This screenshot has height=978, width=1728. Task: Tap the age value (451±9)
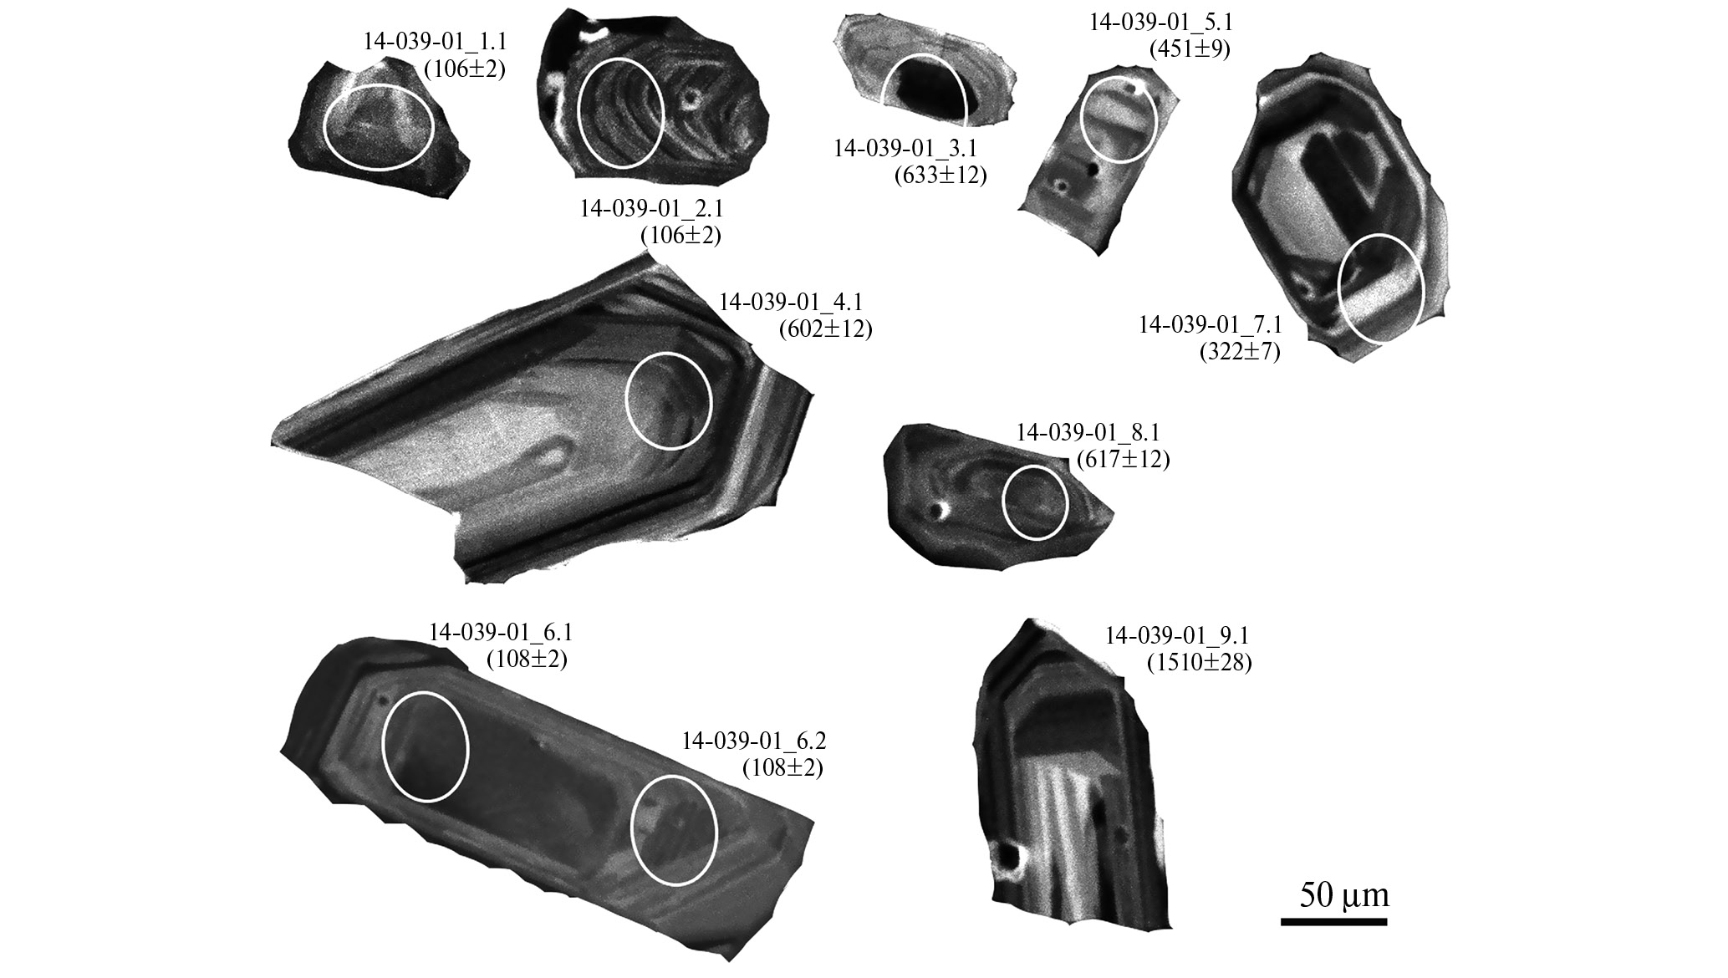pyautogui.click(x=1190, y=49)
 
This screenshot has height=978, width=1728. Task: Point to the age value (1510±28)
pyautogui.click(x=1199, y=663)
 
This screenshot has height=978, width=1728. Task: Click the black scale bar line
pyautogui.click(x=1334, y=922)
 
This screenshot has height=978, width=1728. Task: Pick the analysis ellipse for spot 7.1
pyautogui.click(x=1380, y=288)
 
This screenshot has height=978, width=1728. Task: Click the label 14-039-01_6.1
pyautogui.click(x=501, y=631)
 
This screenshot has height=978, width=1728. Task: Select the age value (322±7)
pyautogui.click(x=1240, y=352)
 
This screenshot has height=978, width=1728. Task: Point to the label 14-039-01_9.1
pyautogui.click(x=1177, y=635)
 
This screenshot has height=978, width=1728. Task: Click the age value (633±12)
pyautogui.click(x=940, y=176)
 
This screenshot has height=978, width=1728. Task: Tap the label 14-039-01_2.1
pyautogui.click(x=652, y=208)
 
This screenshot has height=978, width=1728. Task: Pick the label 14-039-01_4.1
pyautogui.click(x=791, y=301)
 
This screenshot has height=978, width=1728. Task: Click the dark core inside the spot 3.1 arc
pyautogui.click(x=925, y=91)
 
